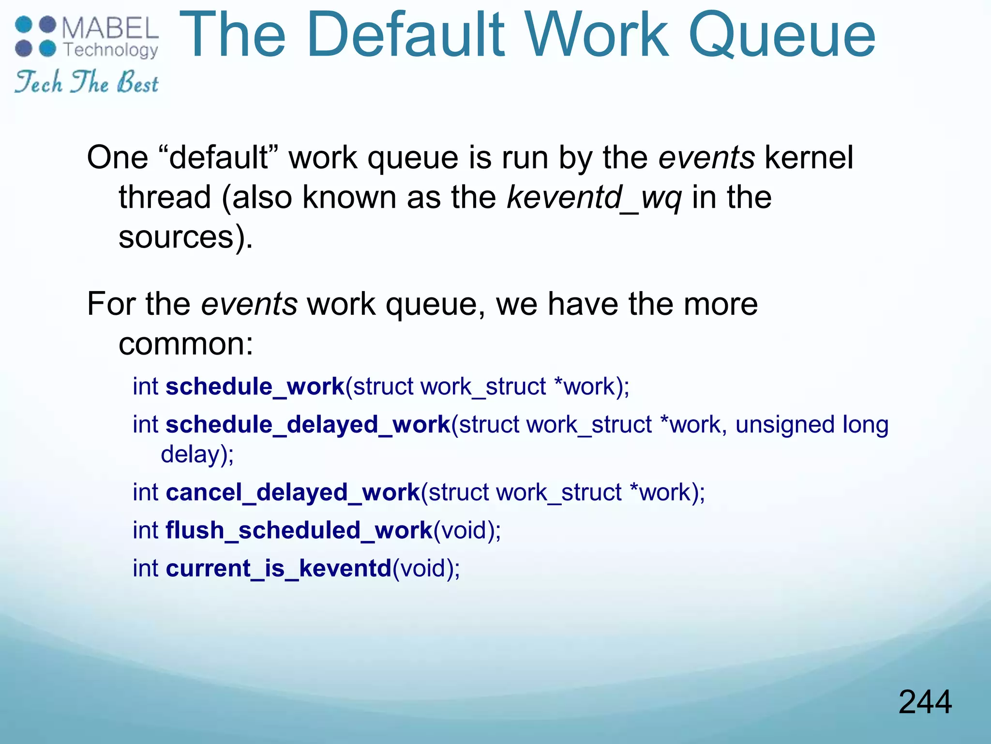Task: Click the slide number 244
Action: [x=925, y=702]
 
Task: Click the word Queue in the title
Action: [x=781, y=35]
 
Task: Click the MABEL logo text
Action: [x=110, y=29]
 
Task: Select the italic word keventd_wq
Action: [x=594, y=197]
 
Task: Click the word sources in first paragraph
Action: [x=177, y=237]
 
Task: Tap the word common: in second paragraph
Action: [x=186, y=344]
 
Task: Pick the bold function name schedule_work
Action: [x=255, y=387]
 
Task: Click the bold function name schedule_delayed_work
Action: [x=308, y=425]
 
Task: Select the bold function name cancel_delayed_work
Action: [x=293, y=492]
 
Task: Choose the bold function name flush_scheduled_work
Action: [x=299, y=530]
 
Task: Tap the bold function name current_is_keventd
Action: [x=279, y=568]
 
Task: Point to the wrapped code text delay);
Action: [x=197, y=454]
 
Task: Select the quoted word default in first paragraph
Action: [x=219, y=158]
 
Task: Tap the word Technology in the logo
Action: [x=111, y=50]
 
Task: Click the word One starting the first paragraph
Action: [x=118, y=158]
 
